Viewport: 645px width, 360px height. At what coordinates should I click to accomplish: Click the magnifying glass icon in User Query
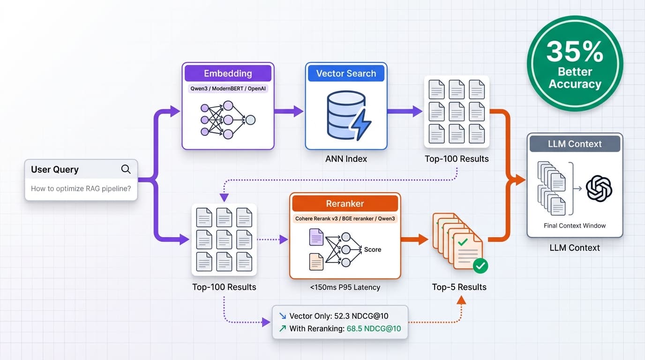126,169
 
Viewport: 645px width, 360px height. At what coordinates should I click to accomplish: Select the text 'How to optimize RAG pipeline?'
81,189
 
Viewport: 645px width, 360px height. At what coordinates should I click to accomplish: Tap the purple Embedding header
228,74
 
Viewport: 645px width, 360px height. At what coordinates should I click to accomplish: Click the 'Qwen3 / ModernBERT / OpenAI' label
228,89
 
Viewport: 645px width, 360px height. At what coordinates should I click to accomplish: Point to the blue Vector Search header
346,74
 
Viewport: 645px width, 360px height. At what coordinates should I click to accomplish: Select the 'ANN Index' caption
346,159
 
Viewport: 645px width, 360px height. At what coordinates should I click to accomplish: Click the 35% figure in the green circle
575,52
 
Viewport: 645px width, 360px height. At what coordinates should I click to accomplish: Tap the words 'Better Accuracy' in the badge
575,78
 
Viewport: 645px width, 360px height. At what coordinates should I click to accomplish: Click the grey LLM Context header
575,144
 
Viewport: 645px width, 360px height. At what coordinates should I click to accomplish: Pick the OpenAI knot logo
599,188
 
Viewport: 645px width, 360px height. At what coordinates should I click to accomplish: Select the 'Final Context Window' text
575,225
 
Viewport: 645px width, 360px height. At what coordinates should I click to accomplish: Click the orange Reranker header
345,203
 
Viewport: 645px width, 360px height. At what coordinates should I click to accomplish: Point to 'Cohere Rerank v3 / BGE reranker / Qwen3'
345,218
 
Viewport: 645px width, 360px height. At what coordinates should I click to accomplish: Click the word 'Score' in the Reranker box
373,250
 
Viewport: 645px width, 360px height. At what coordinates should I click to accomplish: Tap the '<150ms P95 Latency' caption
345,287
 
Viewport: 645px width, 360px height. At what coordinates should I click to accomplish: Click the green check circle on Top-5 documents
480,266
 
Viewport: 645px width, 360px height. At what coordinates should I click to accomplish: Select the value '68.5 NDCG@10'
374,329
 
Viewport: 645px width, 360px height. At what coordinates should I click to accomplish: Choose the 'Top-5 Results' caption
459,287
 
